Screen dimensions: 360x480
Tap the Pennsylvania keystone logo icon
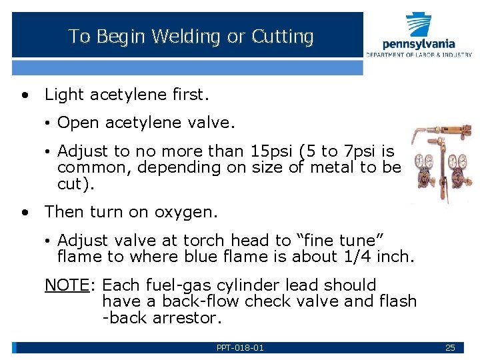coord(419,25)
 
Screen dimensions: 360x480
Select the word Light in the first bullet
coord(62,95)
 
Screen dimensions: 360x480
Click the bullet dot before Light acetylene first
coord(25,95)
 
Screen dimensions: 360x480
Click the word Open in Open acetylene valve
coord(74,123)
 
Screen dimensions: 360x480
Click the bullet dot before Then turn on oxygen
coord(25,213)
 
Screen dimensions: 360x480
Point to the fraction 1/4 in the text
coord(358,256)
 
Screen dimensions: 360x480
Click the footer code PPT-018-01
coord(240,348)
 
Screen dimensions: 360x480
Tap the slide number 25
coord(450,348)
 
